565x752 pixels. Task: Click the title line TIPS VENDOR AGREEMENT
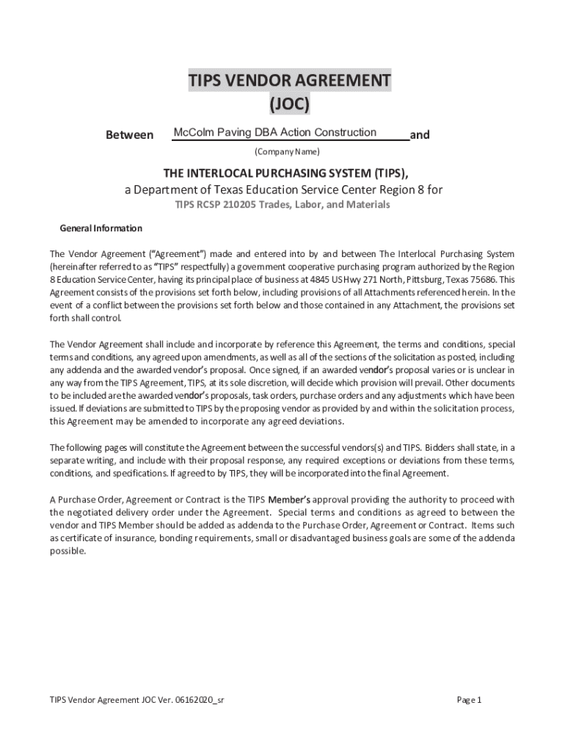pyautogui.click(x=289, y=81)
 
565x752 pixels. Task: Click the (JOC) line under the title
pyautogui.click(x=289, y=105)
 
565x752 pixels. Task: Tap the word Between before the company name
pyautogui.click(x=130, y=135)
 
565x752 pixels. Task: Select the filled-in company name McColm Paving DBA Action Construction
pyautogui.click(x=274, y=133)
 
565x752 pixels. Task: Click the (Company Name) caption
pyautogui.click(x=287, y=153)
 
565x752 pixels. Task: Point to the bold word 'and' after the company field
pyautogui.click(x=420, y=135)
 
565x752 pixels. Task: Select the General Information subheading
pyautogui.click(x=101, y=228)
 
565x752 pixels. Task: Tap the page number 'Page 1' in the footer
pyautogui.click(x=468, y=700)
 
